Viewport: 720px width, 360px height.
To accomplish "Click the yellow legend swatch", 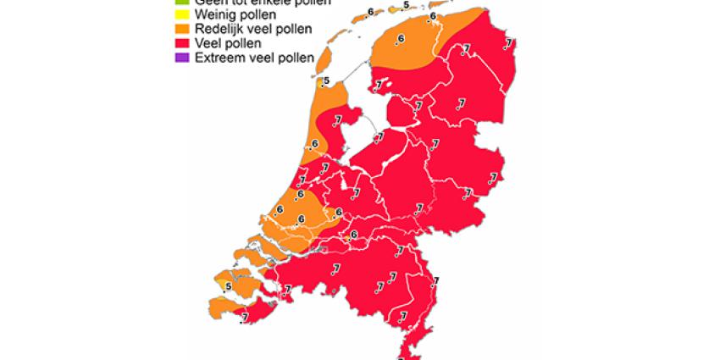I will click(179, 15).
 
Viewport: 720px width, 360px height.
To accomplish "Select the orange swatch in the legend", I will click(179, 30).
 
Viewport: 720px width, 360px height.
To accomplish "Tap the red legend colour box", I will click(179, 43).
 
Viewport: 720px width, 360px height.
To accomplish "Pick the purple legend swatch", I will click(179, 58).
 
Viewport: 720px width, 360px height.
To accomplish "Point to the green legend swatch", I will click(179, 3).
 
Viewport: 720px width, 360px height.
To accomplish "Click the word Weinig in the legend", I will click(215, 15).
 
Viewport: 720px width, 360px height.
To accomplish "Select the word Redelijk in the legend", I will click(220, 30).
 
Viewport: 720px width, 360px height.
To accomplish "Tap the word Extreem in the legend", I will click(219, 58).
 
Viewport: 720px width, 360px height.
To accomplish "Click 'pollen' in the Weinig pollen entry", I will click(258, 15).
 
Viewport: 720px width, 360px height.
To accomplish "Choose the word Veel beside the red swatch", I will click(209, 43).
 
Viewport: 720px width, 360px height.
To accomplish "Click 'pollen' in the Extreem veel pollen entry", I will click(296, 58).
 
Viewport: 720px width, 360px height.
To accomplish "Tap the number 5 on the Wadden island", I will click(407, 6).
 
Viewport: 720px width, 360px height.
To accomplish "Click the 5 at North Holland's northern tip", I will click(326, 81).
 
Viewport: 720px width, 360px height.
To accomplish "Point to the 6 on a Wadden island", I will click(370, 12).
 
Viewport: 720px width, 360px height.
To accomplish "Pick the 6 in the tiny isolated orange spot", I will click(353, 235).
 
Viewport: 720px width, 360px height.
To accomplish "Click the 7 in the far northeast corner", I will click(508, 43).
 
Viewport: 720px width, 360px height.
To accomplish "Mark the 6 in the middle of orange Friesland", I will click(401, 39).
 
